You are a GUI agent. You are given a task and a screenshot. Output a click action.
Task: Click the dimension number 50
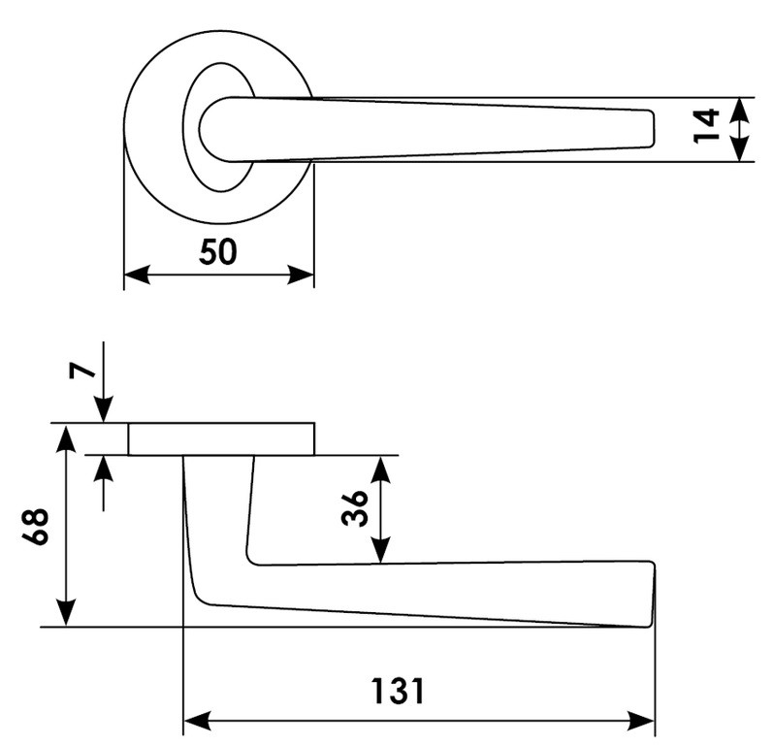point(218,252)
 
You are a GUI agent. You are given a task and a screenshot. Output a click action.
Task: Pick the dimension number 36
point(355,507)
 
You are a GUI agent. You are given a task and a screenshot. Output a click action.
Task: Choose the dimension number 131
point(398,692)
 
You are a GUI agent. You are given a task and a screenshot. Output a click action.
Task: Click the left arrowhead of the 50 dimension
point(137,275)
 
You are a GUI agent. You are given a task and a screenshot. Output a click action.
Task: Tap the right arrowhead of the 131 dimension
point(643,721)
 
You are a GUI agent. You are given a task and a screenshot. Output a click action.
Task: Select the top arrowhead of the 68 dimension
point(65,437)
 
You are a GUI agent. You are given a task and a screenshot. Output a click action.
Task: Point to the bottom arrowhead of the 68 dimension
point(65,614)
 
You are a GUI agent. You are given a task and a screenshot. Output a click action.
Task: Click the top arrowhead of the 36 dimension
point(381,469)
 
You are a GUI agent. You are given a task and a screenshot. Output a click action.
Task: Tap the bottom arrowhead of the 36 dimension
point(381,551)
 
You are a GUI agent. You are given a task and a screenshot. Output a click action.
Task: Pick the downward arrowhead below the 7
point(104,411)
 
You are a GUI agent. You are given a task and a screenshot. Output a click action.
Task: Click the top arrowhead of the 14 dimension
point(740,108)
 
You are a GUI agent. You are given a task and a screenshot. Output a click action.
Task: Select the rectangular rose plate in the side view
point(221,439)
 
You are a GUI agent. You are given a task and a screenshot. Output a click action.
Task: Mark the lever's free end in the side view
point(648,594)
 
